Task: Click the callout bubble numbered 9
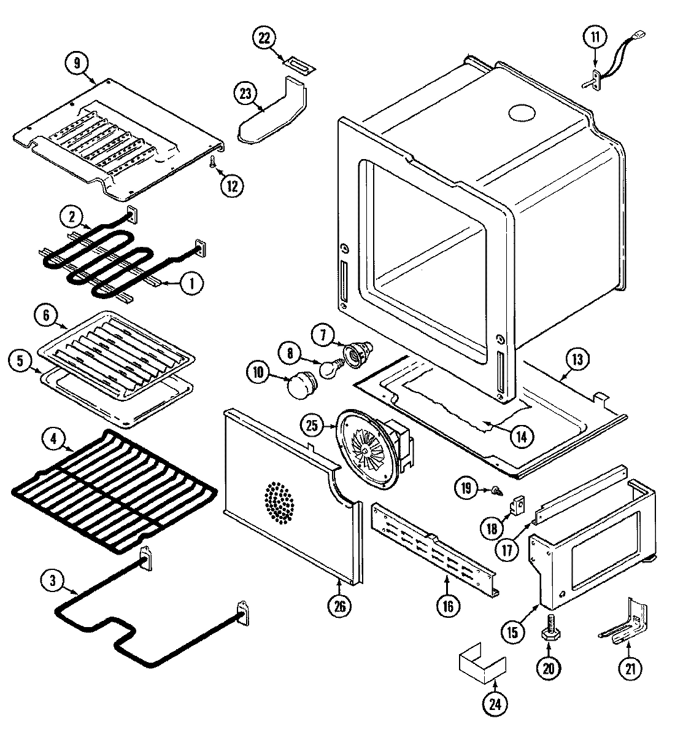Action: tap(77, 63)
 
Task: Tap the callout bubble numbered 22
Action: tap(264, 37)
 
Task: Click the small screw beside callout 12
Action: tap(213, 161)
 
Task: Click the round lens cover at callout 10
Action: tap(301, 386)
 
